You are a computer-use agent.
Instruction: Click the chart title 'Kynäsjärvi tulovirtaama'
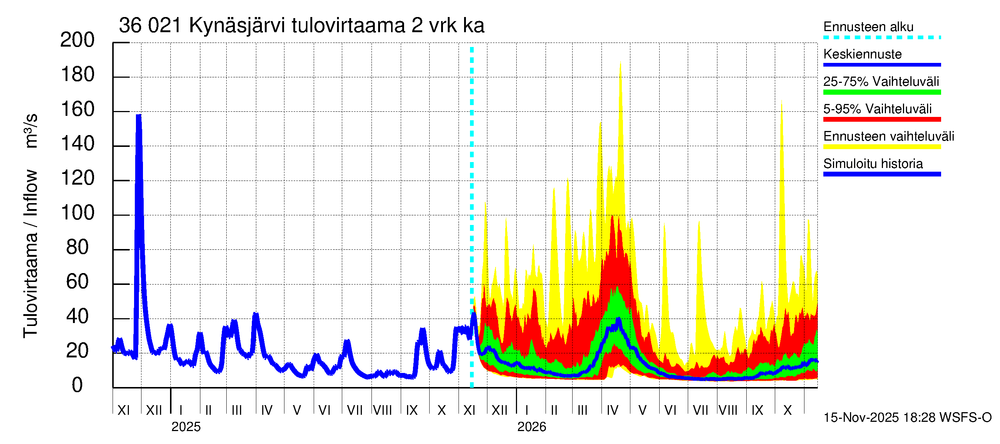[x=301, y=26]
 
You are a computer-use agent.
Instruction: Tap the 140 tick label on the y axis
[x=77, y=144]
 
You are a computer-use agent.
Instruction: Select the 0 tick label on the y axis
[x=77, y=386]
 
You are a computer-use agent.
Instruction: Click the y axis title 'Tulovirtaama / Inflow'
[x=30, y=254]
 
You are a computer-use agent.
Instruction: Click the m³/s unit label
[x=30, y=131]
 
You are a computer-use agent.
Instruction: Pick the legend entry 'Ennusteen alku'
[x=868, y=27]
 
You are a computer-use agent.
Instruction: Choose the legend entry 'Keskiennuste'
[x=862, y=54]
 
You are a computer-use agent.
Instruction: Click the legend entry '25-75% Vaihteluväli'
[x=881, y=82]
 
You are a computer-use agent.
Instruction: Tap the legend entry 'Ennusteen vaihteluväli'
[x=888, y=137]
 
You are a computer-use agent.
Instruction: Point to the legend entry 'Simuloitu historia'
[x=873, y=164]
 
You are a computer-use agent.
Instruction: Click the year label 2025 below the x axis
[x=186, y=427]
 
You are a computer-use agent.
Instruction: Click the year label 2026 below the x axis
[x=531, y=427]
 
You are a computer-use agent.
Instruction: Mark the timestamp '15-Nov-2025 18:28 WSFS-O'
[x=907, y=418]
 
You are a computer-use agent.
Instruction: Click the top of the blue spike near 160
[x=139, y=115]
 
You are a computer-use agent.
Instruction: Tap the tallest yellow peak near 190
[x=620, y=62]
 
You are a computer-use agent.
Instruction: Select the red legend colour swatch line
[x=881, y=120]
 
